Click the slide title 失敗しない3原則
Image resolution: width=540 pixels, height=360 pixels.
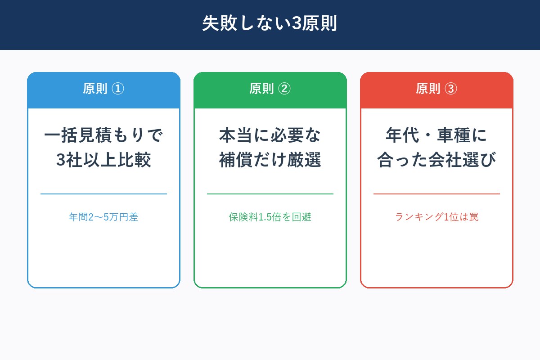pos(270,24)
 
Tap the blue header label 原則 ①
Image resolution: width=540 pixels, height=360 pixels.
pos(103,89)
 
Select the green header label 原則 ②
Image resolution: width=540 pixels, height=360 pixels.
pos(270,89)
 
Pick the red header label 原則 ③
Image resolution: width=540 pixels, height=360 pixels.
pos(436,89)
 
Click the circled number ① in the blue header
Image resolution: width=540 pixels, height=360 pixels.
pos(117,89)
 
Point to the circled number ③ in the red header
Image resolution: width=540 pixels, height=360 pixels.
pos(450,89)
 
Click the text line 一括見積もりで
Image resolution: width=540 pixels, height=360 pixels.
pos(103,135)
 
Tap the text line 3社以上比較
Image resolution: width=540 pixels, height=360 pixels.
pos(103,160)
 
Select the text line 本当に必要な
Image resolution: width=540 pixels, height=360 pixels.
pos(270,135)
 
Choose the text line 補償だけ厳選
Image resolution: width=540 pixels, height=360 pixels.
pos(270,160)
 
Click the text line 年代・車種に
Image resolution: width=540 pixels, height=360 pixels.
pos(436,135)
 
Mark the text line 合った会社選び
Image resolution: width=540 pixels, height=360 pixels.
pos(436,160)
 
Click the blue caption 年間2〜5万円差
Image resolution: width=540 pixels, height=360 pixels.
pos(103,217)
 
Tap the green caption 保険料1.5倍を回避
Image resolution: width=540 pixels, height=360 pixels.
pos(270,217)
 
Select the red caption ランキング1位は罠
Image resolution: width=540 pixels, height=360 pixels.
pos(436,217)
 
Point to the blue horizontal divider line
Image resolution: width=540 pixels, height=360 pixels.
pos(103,194)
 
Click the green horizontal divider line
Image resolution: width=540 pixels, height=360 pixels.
pos(270,194)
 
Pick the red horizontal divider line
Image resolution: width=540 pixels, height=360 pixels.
pos(436,194)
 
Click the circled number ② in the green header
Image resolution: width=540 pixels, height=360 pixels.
pos(284,89)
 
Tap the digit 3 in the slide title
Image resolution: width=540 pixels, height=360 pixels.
pos(297,24)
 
